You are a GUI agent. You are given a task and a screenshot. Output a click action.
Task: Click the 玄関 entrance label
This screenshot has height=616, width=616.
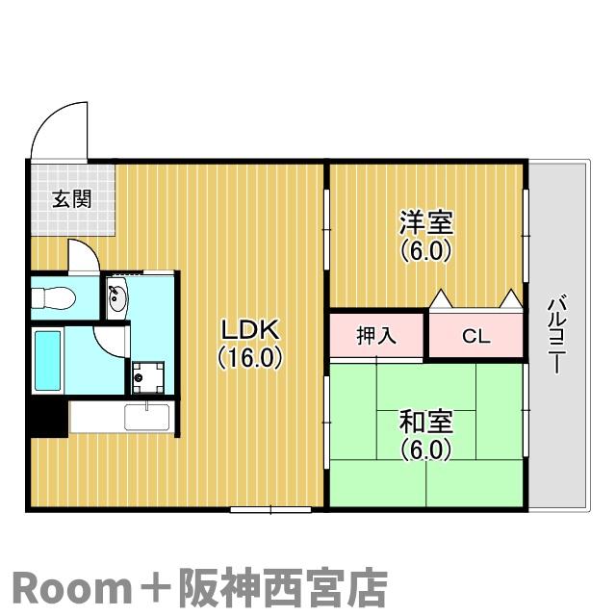pos(72,199)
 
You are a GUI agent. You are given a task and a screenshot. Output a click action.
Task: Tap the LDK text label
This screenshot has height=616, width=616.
pos(250,330)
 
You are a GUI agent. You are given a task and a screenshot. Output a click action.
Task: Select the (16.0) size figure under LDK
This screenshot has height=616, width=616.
pos(250,358)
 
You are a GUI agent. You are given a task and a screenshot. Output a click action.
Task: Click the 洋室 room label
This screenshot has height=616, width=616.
pos(426,223)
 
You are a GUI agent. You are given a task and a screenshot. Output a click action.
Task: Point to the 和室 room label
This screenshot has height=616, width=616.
pos(426,422)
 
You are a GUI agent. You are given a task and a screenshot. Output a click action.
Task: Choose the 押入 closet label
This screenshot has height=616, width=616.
pos(376,336)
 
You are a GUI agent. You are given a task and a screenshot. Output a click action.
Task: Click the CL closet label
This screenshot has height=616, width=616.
pos(476,336)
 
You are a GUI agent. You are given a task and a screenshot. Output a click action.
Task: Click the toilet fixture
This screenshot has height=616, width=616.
pos(54,298)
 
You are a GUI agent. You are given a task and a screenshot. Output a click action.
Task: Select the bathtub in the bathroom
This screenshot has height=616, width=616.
pos(48,361)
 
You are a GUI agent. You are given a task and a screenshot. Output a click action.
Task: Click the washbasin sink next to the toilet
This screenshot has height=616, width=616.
pos(117,298)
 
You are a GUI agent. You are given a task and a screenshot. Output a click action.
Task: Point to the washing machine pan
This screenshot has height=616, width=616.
pos(148,377)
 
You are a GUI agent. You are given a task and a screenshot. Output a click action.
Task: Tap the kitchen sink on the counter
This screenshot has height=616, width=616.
pos(147,417)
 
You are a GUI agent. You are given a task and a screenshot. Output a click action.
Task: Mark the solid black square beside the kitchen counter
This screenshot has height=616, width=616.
pos(49,418)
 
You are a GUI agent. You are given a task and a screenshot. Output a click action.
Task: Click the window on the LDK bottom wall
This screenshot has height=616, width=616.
pos(270,509)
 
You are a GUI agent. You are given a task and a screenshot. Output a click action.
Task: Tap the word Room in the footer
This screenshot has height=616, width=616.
pos(72,588)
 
